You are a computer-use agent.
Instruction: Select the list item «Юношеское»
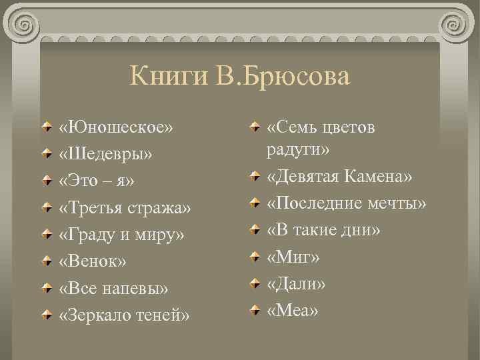coord(115,127)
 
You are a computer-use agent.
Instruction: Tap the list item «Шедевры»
coord(106,154)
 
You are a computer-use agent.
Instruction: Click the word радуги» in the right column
coord(298,149)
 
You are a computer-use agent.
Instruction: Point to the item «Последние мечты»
coord(347,204)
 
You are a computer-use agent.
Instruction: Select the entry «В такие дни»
coord(323,231)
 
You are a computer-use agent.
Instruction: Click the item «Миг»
coord(293,257)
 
